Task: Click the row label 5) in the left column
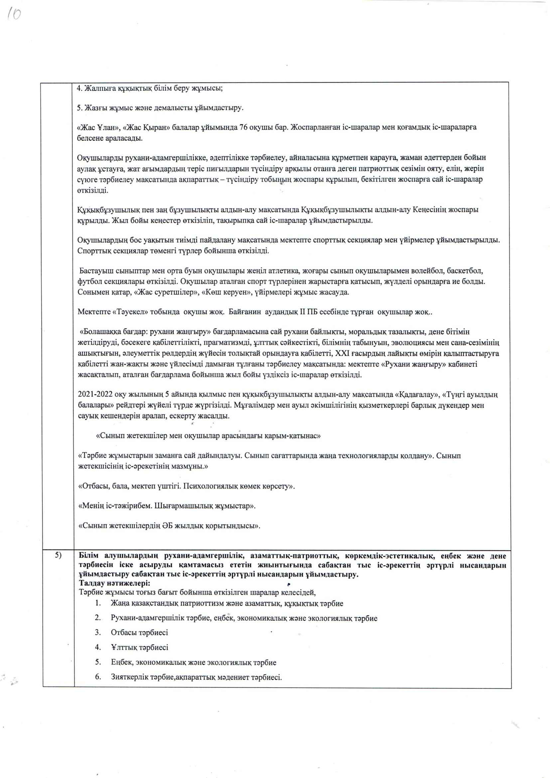(x=58, y=556)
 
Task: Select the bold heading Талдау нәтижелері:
(x=114, y=583)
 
